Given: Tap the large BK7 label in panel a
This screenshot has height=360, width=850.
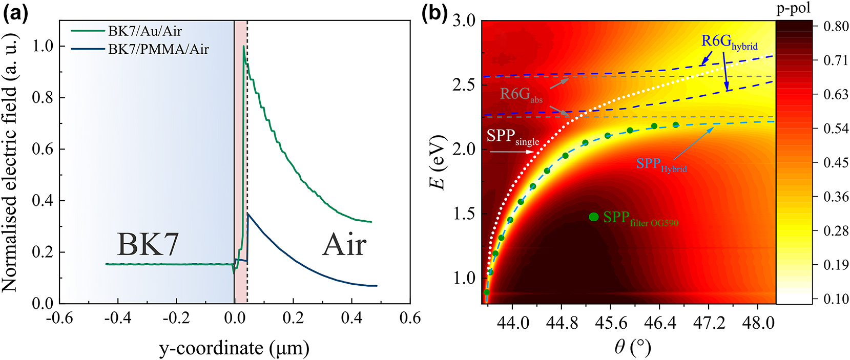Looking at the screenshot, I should [x=148, y=244].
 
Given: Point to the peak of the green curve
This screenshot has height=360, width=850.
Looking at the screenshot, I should [x=243, y=47].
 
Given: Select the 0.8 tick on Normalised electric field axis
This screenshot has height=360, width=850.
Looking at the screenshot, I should [x=43, y=97].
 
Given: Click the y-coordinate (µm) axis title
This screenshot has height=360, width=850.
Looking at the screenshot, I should [x=234, y=348].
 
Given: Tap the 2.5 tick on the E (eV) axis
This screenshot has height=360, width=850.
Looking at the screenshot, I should [x=464, y=84].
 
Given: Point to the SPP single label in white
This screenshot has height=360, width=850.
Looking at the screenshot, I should [x=512, y=137].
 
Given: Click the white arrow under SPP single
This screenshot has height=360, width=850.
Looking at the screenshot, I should [x=511, y=152].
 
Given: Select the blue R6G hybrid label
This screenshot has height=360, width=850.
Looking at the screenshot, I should [x=729, y=42].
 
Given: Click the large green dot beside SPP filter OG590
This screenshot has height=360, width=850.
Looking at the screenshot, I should [x=593, y=217].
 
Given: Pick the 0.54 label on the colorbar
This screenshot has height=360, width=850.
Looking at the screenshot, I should [x=836, y=129].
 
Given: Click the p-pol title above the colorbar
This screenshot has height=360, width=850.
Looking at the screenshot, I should [x=794, y=9].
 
